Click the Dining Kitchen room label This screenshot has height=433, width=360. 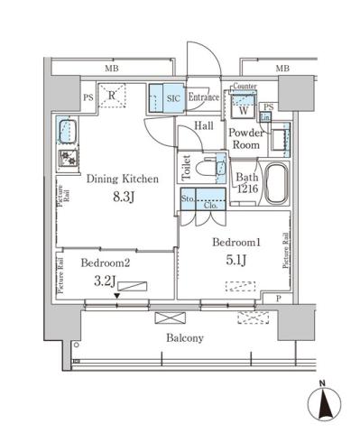(x=122, y=179)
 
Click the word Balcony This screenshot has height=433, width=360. (x=184, y=338)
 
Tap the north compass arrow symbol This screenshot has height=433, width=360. (x=324, y=403)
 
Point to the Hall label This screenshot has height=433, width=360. (x=204, y=127)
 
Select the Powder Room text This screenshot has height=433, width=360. (x=245, y=139)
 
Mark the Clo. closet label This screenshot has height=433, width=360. (x=209, y=204)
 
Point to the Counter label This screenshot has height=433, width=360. (x=245, y=87)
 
